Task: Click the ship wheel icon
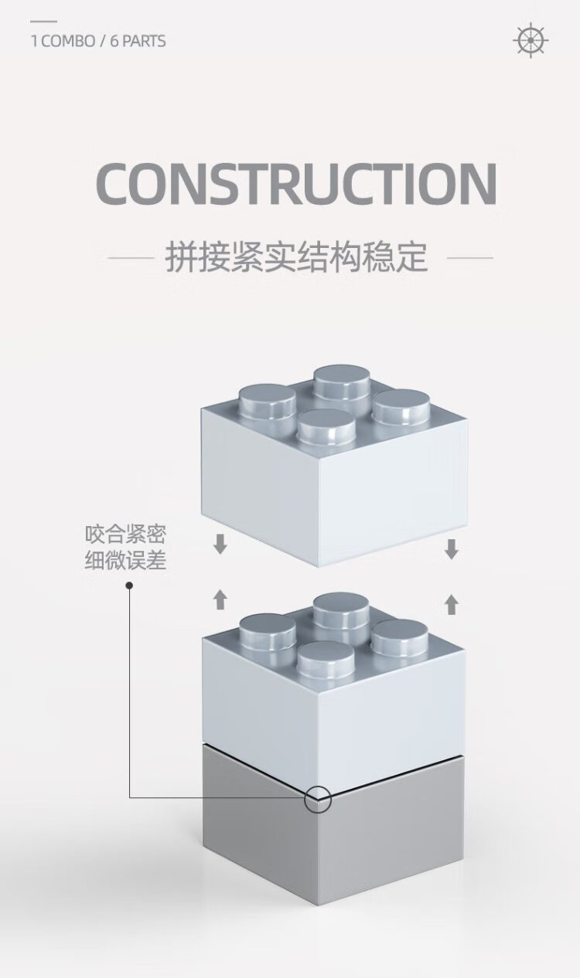pyautogui.click(x=531, y=39)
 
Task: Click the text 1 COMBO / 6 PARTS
pyautogui.click(x=98, y=42)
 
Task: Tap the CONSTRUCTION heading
pyautogui.click(x=296, y=184)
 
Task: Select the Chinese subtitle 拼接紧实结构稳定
pyautogui.click(x=296, y=257)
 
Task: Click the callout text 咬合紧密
pyautogui.click(x=126, y=534)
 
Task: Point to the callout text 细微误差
pyautogui.click(x=126, y=560)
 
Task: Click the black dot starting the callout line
pyautogui.click(x=129, y=586)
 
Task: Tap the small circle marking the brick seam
pyautogui.click(x=318, y=800)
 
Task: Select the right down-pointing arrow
pyautogui.click(x=452, y=549)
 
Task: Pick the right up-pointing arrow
pyautogui.click(x=452, y=605)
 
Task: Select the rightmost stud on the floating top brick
pyautogui.click(x=402, y=406)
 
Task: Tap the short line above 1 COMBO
pyautogui.click(x=44, y=21)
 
